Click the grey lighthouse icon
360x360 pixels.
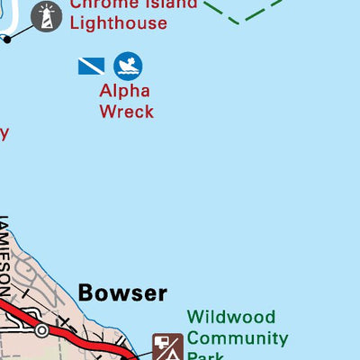click(46, 14)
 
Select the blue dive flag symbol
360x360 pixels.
click(91, 65)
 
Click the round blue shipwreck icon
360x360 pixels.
click(128, 65)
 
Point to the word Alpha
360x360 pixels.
click(125, 91)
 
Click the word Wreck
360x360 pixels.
click(126, 112)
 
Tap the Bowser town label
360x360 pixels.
click(122, 292)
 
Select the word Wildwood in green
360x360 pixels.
click(231, 318)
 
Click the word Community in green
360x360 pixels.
click(238, 338)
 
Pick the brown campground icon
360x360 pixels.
click(167, 346)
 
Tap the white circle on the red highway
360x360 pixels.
click(41, 330)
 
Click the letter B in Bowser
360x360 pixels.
click(85, 292)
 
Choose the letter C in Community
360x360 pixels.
click(193, 338)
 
